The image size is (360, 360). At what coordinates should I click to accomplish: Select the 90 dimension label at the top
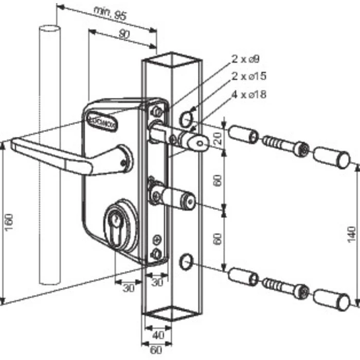click(x=124, y=35)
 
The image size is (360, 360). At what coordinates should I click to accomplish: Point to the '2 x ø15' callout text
click(x=249, y=77)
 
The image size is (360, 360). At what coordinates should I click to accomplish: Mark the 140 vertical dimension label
click(x=352, y=234)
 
